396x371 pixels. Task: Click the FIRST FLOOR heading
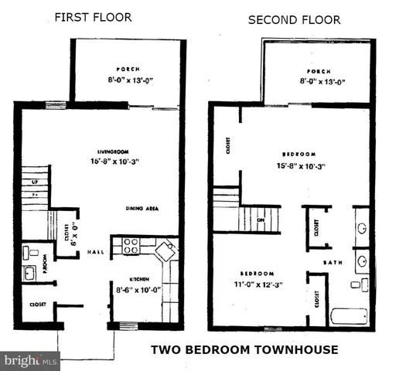click(x=93, y=17)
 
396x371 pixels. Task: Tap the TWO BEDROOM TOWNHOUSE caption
click(x=244, y=349)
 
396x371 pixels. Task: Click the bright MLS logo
click(x=31, y=360)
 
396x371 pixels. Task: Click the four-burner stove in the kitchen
click(x=129, y=247)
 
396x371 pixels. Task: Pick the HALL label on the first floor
click(x=95, y=252)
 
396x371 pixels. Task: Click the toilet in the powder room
click(x=27, y=251)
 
